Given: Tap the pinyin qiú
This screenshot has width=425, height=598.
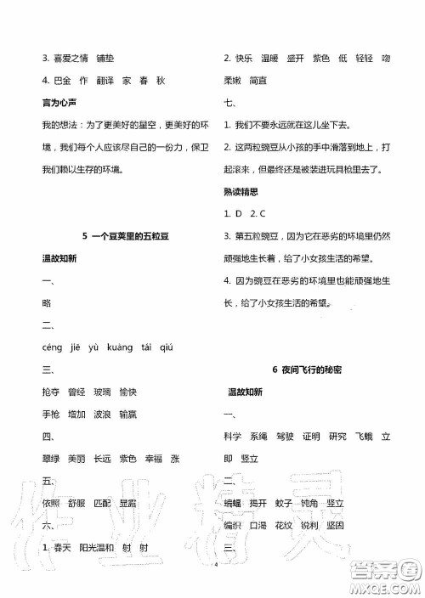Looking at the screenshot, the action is click(x=166, y=347).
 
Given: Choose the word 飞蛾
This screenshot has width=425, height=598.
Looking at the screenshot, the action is click(x=360, y=436).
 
